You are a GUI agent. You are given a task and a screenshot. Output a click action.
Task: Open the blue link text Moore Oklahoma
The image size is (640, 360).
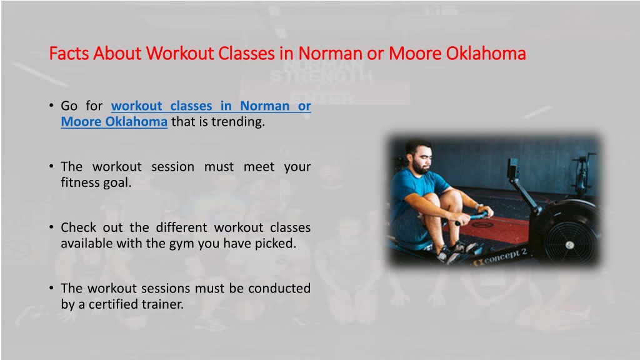pyautogui.click(x=114, y=122)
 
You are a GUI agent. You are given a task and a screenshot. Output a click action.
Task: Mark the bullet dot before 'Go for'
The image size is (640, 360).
pyautogui.click(x=51, y=106)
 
